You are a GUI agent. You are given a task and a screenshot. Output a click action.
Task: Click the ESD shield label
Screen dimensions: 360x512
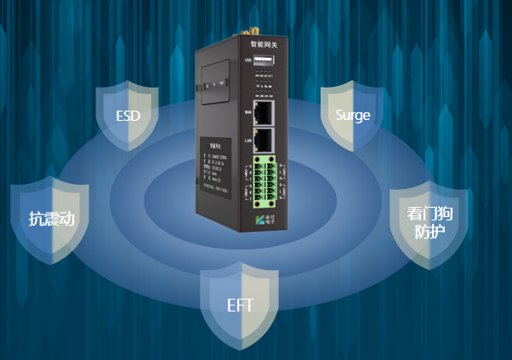pos(127,116)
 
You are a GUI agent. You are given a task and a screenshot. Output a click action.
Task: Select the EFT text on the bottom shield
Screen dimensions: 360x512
pos(240,306)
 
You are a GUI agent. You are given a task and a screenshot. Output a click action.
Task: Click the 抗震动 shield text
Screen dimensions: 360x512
pos(51,219)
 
